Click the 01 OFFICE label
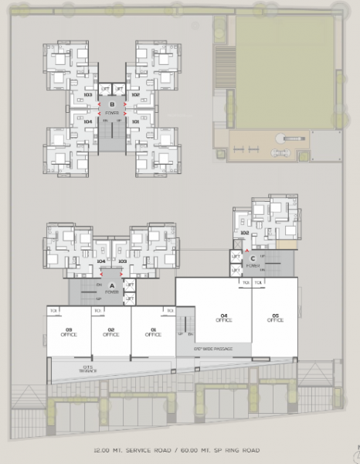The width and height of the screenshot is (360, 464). [153, 333]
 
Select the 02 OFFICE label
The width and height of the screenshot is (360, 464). [110, 333]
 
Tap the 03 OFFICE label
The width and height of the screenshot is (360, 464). [68, 333]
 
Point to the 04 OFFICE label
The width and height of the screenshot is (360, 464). [225, 317]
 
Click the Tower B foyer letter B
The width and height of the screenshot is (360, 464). [113, 104]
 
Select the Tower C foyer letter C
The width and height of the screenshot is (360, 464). [252, 258]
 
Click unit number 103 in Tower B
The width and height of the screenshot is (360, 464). [88, 95]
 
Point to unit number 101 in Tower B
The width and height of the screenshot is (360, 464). [136, 121]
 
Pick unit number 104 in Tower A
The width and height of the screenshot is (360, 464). [101, 261]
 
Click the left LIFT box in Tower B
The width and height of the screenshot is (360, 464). [105, 90]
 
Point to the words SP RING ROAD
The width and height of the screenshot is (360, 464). [236, 449]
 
